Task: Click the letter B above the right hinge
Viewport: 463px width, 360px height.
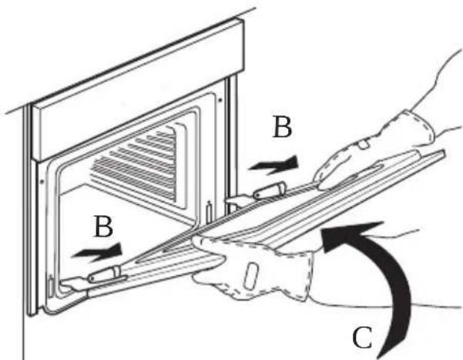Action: [282, 127]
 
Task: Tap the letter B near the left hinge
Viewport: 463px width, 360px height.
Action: [103, 227]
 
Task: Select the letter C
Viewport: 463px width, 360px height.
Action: [362, 338]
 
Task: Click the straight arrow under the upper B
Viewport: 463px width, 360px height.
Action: [274, 166]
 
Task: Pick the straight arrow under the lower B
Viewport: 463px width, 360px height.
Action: [97, 253]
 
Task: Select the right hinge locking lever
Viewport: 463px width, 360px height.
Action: [270, 190]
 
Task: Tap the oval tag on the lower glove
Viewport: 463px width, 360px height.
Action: [250, 275]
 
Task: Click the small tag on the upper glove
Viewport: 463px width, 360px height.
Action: [364, 144]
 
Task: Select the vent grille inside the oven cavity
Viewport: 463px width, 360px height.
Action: [136, 166]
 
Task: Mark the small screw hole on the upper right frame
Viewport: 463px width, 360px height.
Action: [220, 100]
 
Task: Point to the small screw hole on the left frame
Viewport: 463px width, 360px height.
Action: [42, 180]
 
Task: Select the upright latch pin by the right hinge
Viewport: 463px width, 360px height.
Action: [209, 212]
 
